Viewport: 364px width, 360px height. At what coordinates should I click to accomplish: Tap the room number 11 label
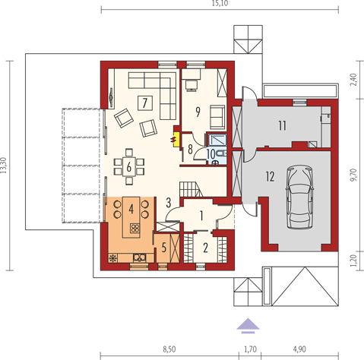click(x=283, y=125)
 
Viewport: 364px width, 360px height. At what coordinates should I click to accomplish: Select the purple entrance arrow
click(x=248, y=326)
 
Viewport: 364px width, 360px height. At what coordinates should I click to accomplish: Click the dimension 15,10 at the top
click(x=220, y=3)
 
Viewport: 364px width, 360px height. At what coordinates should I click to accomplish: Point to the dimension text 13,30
click(x=4, y=166)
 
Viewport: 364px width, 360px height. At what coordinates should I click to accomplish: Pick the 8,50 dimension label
click(x=169, y=349)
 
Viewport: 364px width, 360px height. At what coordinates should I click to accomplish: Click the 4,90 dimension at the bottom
click(x=299, y=349)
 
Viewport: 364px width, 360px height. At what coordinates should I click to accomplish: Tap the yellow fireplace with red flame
click(x=176, y=139)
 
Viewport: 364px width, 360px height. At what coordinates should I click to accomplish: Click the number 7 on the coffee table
click(x=145, y=103)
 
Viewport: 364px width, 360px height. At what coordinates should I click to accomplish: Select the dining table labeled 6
click(x=129, y=167)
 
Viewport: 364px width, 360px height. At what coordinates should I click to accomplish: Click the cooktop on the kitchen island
click(x=135, y=229)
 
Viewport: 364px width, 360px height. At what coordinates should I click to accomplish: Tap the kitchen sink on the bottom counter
click(x=140, y=257)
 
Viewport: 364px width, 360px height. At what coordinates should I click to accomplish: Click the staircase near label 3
click(x=191, y=189)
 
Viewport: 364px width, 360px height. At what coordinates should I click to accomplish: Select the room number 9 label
click(x=198, y=112)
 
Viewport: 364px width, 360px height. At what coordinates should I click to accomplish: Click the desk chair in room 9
click(x=191, y=85)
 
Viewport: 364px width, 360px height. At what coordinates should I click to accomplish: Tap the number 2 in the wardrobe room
click(x=205, y=248)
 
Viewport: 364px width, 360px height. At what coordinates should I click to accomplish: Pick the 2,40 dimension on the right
click(x=353, y=80)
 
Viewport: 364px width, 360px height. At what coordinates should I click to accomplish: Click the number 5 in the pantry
click(x=164, y=248)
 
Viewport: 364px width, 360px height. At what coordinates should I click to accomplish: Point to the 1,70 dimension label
click(x=250, y=349)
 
